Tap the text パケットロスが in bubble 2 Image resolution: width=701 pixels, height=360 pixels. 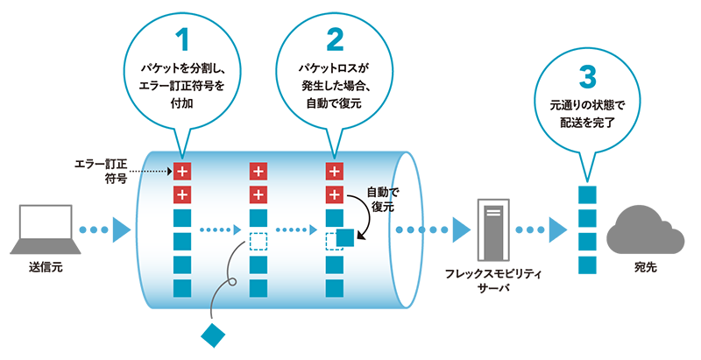click(x=335, y=67)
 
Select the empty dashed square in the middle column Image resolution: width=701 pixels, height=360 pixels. click(x=258, y=243)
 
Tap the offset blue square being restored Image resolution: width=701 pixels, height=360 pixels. click(x=343, y=236)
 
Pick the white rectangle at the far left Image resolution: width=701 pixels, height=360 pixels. click(x=45, y=224)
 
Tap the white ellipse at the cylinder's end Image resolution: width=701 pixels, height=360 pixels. click(x=408, y=229)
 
